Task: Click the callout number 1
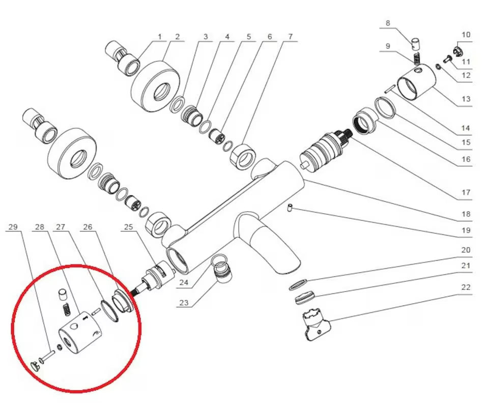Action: [x=159, y=37]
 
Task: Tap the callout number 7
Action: [x=290, y=37]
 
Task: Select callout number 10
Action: [x=466, y=35]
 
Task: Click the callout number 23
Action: [x=184, y=303]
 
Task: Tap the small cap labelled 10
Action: [x=456, y=50]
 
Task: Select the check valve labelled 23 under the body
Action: [x=222, y=269]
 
